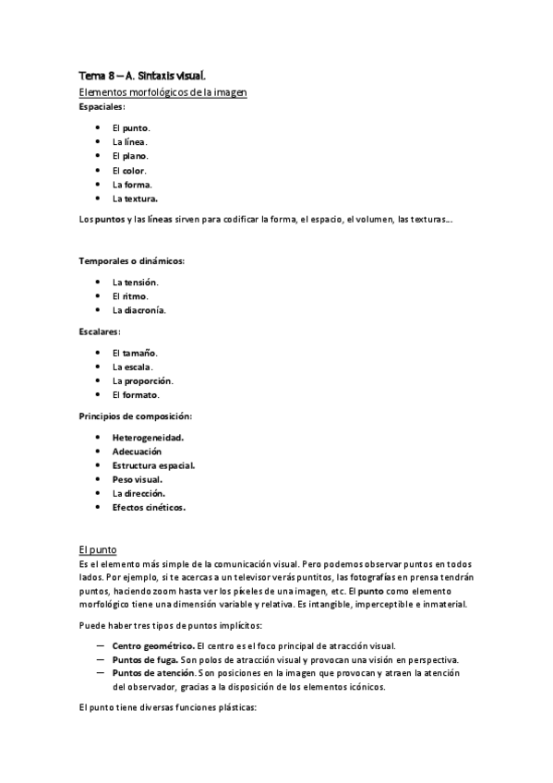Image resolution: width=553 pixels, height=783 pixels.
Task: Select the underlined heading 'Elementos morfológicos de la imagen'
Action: pos(162,92)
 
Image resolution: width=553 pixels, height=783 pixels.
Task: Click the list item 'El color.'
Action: pos(129,170)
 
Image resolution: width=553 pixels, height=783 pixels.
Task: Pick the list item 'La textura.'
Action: pos(135,199)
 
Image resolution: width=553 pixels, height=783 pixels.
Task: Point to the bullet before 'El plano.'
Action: pos(98,156)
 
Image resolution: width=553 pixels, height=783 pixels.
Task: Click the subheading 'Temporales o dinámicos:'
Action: pos(131,260)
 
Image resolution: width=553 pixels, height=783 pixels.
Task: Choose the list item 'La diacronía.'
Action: pos(139,310)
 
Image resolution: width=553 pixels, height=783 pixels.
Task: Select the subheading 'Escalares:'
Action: pos(101,331)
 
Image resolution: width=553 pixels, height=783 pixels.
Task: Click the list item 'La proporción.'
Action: pos(142,380)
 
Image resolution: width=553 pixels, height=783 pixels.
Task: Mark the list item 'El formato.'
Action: pos(136,395)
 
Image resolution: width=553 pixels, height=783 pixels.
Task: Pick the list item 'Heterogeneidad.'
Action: pos(148,437)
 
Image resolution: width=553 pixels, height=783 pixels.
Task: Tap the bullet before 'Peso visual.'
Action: pos(98,479)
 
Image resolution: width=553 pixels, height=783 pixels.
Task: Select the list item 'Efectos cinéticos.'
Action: pos(149,507)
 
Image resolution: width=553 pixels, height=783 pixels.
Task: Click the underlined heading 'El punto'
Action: pos(97,547)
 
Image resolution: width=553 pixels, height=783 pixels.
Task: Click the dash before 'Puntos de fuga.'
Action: pos(100,660)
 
